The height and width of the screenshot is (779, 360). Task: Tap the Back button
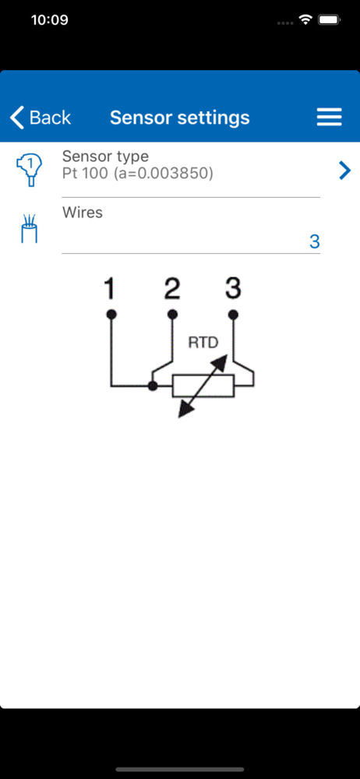tap(41, 118)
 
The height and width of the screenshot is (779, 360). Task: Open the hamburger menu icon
tap(329, 118)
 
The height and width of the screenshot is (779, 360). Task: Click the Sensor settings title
tap(179, 118)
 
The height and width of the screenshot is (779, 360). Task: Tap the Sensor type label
tap(105, 156)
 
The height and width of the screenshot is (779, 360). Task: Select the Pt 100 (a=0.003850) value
tap(138, 174)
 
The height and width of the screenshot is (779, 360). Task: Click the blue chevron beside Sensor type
tap(344, 171)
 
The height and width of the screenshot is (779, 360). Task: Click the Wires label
tap(83, 212)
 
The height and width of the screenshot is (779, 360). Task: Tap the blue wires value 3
tap(314, 241)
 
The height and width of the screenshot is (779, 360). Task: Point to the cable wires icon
tap(30, 229)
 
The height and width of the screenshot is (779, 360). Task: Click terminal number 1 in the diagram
tap(110, 289)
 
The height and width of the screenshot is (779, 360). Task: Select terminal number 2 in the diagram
tap(171, 289)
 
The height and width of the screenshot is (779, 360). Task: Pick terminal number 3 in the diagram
tap(233, 288)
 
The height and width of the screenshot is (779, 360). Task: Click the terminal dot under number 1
tap(111, 315)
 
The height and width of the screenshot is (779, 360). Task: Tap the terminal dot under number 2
tap(172, 315)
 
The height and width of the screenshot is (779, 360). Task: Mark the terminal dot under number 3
tap(233, 315)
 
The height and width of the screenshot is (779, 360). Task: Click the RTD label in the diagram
tap(203, 343)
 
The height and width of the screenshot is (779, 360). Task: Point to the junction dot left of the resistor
tap(154, 386)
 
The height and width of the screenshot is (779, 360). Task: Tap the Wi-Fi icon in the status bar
tap(305, 20)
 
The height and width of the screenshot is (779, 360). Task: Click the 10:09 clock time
tap(50, 20)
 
